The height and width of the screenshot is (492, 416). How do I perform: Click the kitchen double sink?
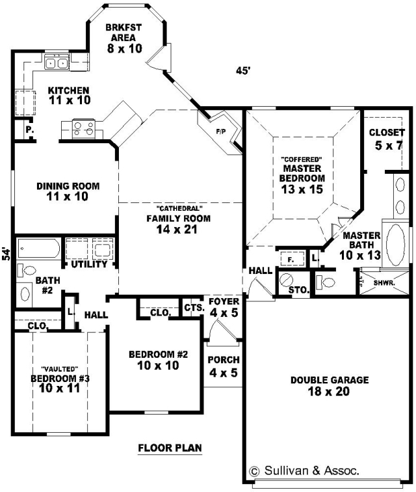(x=56, y=62)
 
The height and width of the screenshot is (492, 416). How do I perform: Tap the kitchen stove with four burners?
(x=84, y=129)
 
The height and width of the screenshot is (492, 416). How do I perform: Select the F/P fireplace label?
(x=221, y=131)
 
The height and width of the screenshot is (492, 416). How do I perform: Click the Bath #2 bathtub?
(x=38, y=249)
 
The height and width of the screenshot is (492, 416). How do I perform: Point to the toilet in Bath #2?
(x=27, y=270)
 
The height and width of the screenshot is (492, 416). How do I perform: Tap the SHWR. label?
(x=384, y=283)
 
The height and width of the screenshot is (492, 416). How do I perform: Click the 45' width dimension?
(x=244, y=71)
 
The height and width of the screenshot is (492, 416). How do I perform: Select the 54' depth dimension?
(x=6, y=254)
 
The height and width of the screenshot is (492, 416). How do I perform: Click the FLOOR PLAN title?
(x=170, y=448)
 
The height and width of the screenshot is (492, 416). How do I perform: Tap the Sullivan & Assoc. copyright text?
(x=304, y=471)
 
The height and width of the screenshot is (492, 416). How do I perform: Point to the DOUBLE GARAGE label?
(x=330, y=380)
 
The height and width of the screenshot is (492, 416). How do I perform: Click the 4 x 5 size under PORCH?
(x=224, y=373)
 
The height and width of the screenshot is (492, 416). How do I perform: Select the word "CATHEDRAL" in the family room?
(x=178, y=208)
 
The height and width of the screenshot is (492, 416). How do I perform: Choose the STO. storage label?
(x=299, y=290)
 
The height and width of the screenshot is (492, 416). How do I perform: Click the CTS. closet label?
(x=194, y=308)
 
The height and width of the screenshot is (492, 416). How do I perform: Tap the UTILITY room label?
(x=89, y=264)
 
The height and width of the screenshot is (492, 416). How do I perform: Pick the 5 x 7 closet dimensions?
(x=388, y=146)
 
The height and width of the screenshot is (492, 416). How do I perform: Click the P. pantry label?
(x=30, y=130)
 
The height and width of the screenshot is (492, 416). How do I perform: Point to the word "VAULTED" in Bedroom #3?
(x=60, y=369)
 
